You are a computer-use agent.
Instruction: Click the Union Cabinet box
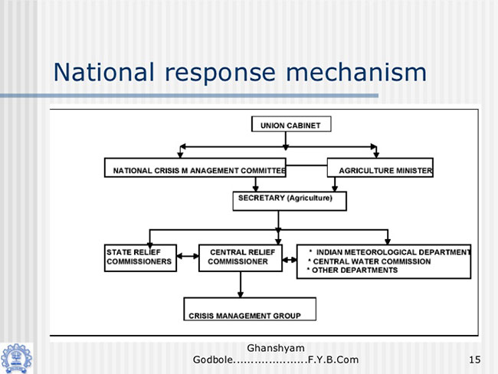coord(291,124)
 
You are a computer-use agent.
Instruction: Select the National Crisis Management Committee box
coord(195,168)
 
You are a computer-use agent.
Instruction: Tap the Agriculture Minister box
coord(380,168)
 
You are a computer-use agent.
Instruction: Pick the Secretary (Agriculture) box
coord(290,201)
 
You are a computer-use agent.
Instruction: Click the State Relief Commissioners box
coord(140,258)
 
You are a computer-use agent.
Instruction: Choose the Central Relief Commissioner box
coord(241,258)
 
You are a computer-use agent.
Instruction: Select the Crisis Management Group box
coord(250,309)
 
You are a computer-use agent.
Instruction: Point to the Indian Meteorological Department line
coord(390,252)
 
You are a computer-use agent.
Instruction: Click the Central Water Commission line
coord(369,261)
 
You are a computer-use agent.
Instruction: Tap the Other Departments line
coord(352,270)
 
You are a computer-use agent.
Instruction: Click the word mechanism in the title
coord(356,72)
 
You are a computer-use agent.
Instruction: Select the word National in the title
coord(104,72)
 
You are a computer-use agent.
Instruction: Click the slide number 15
coord(474,359)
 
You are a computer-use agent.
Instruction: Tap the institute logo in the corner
coord(16,359)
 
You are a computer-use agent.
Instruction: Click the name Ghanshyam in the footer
coord(276,348)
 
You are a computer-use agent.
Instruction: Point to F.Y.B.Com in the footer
coord(333,359)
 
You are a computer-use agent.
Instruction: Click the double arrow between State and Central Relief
coord(188,256)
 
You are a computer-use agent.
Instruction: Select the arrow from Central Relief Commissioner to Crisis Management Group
coord(241,284)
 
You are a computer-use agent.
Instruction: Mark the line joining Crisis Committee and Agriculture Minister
coord(306,166)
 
